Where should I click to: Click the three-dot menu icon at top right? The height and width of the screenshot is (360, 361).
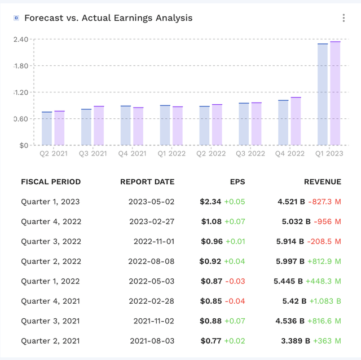[344, 18]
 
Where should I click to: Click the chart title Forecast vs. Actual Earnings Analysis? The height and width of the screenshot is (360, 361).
[108, 18]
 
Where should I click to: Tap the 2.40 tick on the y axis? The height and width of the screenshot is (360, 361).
[21, 39]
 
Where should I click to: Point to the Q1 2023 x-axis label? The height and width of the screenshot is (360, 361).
[329, 153]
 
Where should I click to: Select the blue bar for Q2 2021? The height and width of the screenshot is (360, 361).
[47, 128]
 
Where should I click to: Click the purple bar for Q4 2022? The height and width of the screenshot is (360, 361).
[296, 121]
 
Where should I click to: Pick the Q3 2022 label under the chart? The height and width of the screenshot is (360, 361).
[250, 153]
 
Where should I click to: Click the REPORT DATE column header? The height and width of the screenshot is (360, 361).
[147, 182]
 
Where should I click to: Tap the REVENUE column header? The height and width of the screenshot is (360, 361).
[323, 182]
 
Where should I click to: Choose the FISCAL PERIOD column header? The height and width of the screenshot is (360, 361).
[51, 182]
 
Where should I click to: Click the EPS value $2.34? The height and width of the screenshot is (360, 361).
[210, 202]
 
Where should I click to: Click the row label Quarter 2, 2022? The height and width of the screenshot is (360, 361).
[51, 261]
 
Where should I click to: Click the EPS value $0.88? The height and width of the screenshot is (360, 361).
[210, 321]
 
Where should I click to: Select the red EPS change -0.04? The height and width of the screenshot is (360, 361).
[235, 301]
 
